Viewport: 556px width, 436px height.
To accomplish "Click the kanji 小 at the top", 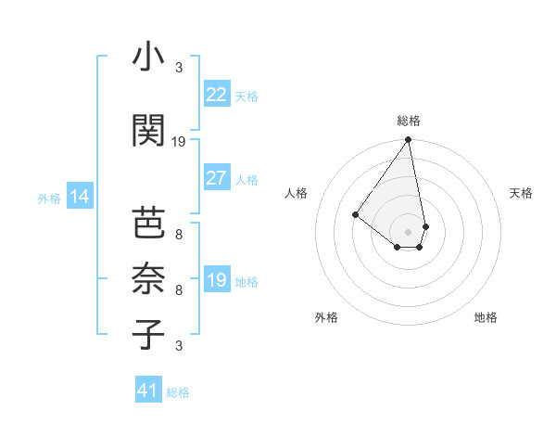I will tap(148, 58).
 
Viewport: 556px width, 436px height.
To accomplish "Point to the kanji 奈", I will tap(148, 277).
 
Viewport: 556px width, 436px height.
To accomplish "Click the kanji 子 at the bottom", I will tap(148, 333).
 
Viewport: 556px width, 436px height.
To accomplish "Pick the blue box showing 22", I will tap(217, 95).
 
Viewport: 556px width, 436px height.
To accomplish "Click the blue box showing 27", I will tap(217, 178).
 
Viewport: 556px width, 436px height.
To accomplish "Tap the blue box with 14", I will tap(80, 197).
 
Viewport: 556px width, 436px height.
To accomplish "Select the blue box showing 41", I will tap(149, 391).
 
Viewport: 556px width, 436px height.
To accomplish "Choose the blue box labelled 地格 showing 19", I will tap(217, 280).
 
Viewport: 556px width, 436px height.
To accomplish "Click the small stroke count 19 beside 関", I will tap(180, 142).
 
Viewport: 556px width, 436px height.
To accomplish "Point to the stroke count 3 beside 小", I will tap(179, 67).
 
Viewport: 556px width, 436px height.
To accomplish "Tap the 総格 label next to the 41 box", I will tap(179, 392).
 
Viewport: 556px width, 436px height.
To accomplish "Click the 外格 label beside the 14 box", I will tap(49, 199).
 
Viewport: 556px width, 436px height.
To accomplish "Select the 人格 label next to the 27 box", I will tap(246, 180).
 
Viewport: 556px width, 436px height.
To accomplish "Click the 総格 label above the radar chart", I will tap(409, 121).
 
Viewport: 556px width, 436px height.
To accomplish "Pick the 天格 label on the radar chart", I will tap(522, 193).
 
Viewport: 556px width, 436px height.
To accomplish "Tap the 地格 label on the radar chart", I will tap(486, 318).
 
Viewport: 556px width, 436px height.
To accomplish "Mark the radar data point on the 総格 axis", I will tap(408, 141).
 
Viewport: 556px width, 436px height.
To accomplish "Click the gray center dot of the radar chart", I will tap(408, 231).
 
